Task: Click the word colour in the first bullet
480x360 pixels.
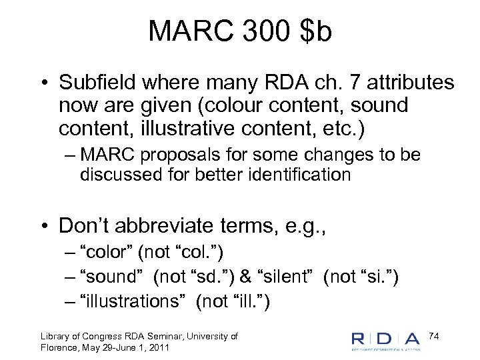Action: click(x=245, y=105)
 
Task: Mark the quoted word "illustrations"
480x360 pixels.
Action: click(x=133, y=301)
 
